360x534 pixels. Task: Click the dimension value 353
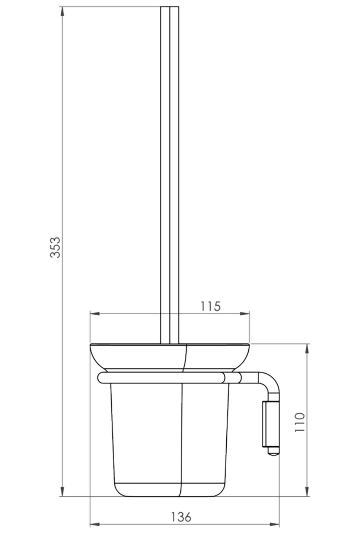pos(55,247)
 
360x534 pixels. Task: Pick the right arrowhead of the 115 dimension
pos(245,313)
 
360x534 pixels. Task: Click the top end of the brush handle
pos(170,7)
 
